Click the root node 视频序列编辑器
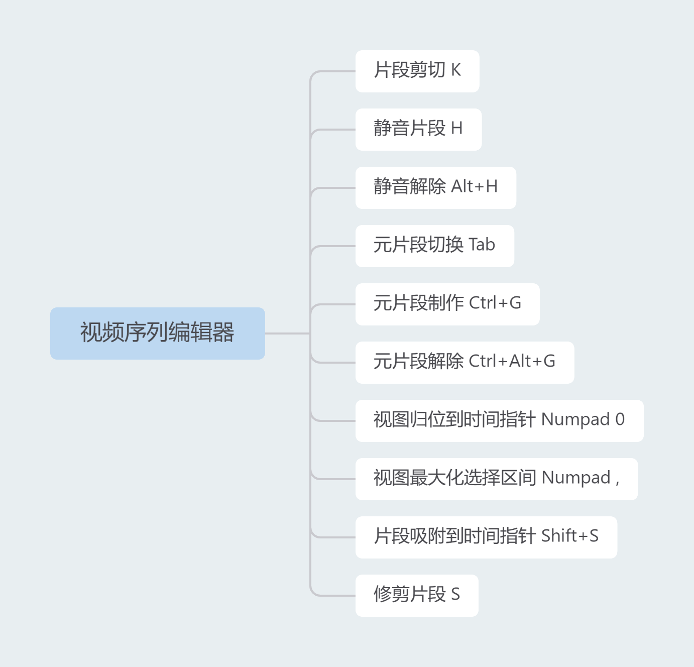point(157,333)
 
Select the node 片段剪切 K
point(417,71)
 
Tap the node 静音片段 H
point(418,129)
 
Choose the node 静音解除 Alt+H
point(435,187)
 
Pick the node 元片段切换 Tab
point(434,246)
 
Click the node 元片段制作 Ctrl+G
point(447,304)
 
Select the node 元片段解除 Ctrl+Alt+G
point(465,362)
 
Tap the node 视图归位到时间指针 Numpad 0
point(499,420)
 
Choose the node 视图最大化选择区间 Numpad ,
point(496,479)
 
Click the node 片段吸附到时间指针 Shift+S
point(486,537)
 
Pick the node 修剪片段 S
point(416,595)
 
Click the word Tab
point(482,245)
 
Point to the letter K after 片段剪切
point(455,70)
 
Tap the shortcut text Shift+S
point(569,536)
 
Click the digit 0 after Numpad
point(620,419)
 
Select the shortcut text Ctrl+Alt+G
point(512,362)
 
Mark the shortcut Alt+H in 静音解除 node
point(474,187)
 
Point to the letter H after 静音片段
point(456,129)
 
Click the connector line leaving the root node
point(286,333)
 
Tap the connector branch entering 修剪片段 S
point(334,596)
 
